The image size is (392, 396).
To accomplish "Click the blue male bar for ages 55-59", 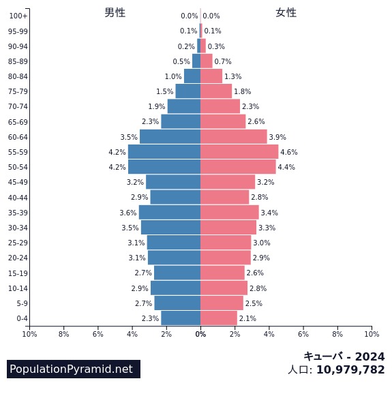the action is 164,152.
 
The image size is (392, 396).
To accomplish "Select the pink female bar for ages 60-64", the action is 234,136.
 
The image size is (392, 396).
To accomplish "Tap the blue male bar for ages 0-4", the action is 181,318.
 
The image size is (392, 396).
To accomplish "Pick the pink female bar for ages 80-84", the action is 211,76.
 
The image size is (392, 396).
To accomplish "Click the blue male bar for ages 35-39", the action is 170,212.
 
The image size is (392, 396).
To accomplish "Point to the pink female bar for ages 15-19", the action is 222,273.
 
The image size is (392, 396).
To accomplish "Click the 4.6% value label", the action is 288,152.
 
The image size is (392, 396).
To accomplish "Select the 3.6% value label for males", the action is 128,213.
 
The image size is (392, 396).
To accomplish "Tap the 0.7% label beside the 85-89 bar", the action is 223,61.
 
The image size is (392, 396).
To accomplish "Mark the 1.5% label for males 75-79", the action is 165,91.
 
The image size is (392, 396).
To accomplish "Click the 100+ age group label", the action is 18,16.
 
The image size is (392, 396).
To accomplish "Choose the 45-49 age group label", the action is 18,182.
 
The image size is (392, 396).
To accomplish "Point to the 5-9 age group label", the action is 22,303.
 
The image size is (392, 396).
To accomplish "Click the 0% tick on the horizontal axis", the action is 200,334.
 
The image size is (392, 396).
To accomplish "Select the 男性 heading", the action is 115,13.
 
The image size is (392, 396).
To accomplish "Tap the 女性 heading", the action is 286,13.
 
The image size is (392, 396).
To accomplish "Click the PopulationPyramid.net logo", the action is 74,369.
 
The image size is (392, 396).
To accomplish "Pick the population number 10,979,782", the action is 350,369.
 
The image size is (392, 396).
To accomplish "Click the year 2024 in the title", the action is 370,356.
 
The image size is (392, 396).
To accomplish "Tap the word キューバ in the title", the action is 323,356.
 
